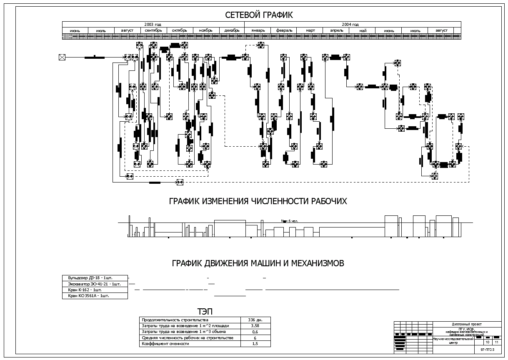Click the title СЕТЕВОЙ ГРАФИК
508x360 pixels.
point(259,15)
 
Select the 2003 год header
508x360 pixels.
point(153,25)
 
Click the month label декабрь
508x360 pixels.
point(232,30)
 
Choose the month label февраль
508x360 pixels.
point(284,30)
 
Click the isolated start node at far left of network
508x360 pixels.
point(62,57)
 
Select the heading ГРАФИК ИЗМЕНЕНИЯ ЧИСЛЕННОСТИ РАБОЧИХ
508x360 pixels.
point(258,201)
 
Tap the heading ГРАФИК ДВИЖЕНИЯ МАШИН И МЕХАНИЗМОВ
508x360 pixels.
point(258,263)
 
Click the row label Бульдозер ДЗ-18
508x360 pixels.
point(88,277)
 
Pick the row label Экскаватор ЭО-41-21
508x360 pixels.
point(91,284)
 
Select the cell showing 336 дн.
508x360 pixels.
point(256,320)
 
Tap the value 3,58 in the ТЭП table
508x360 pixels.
point(256,326)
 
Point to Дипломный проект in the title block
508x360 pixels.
point(467,324)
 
